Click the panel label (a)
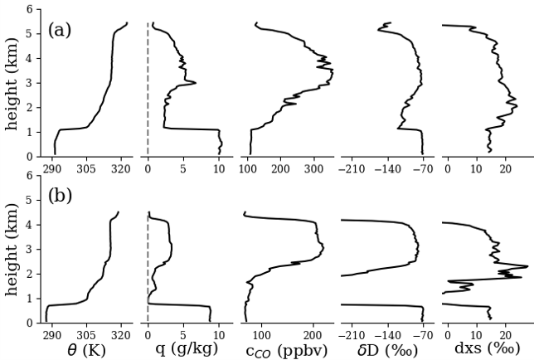tap(60, 31)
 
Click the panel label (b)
tap(60, 197)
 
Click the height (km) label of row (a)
tap(12, 83)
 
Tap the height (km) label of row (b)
tap(12, 249)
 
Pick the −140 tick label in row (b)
tap(387, 335)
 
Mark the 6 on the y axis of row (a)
tap(30, 9)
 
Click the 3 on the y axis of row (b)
tap(30, 249)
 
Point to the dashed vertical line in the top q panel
tap(148, 83)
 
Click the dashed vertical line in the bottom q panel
tap(148, 265)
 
